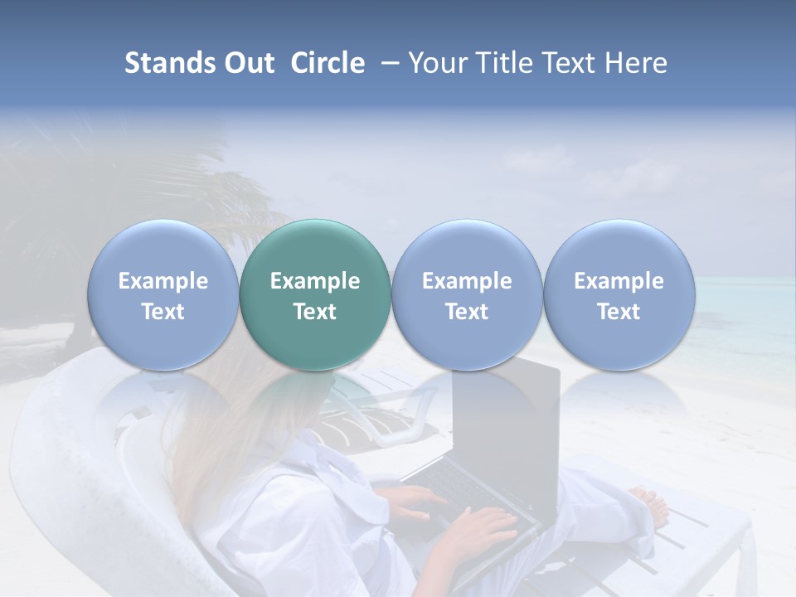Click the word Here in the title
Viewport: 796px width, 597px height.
tap(637, 63)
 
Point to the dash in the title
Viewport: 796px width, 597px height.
tap(386, 64)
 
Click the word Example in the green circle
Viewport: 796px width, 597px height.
tap(315, 281)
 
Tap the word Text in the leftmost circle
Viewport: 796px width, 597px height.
tap(163, 312)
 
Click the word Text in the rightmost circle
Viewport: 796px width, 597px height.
tap(619, 312)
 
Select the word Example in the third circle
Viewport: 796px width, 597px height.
tap(467, 281)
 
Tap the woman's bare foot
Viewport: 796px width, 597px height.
tap(651, 502)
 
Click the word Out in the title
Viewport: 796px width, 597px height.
tap(250, 63)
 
